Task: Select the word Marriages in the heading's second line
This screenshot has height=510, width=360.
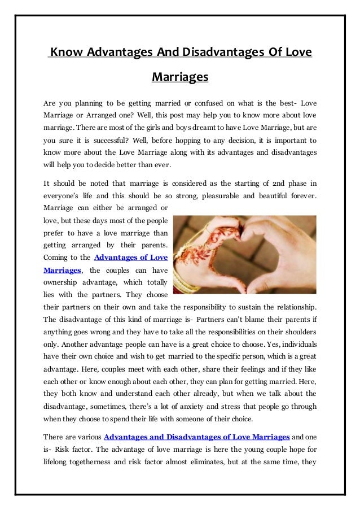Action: tap(180, 76)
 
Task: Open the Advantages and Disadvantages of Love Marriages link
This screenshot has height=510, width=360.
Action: tap(197, 437)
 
